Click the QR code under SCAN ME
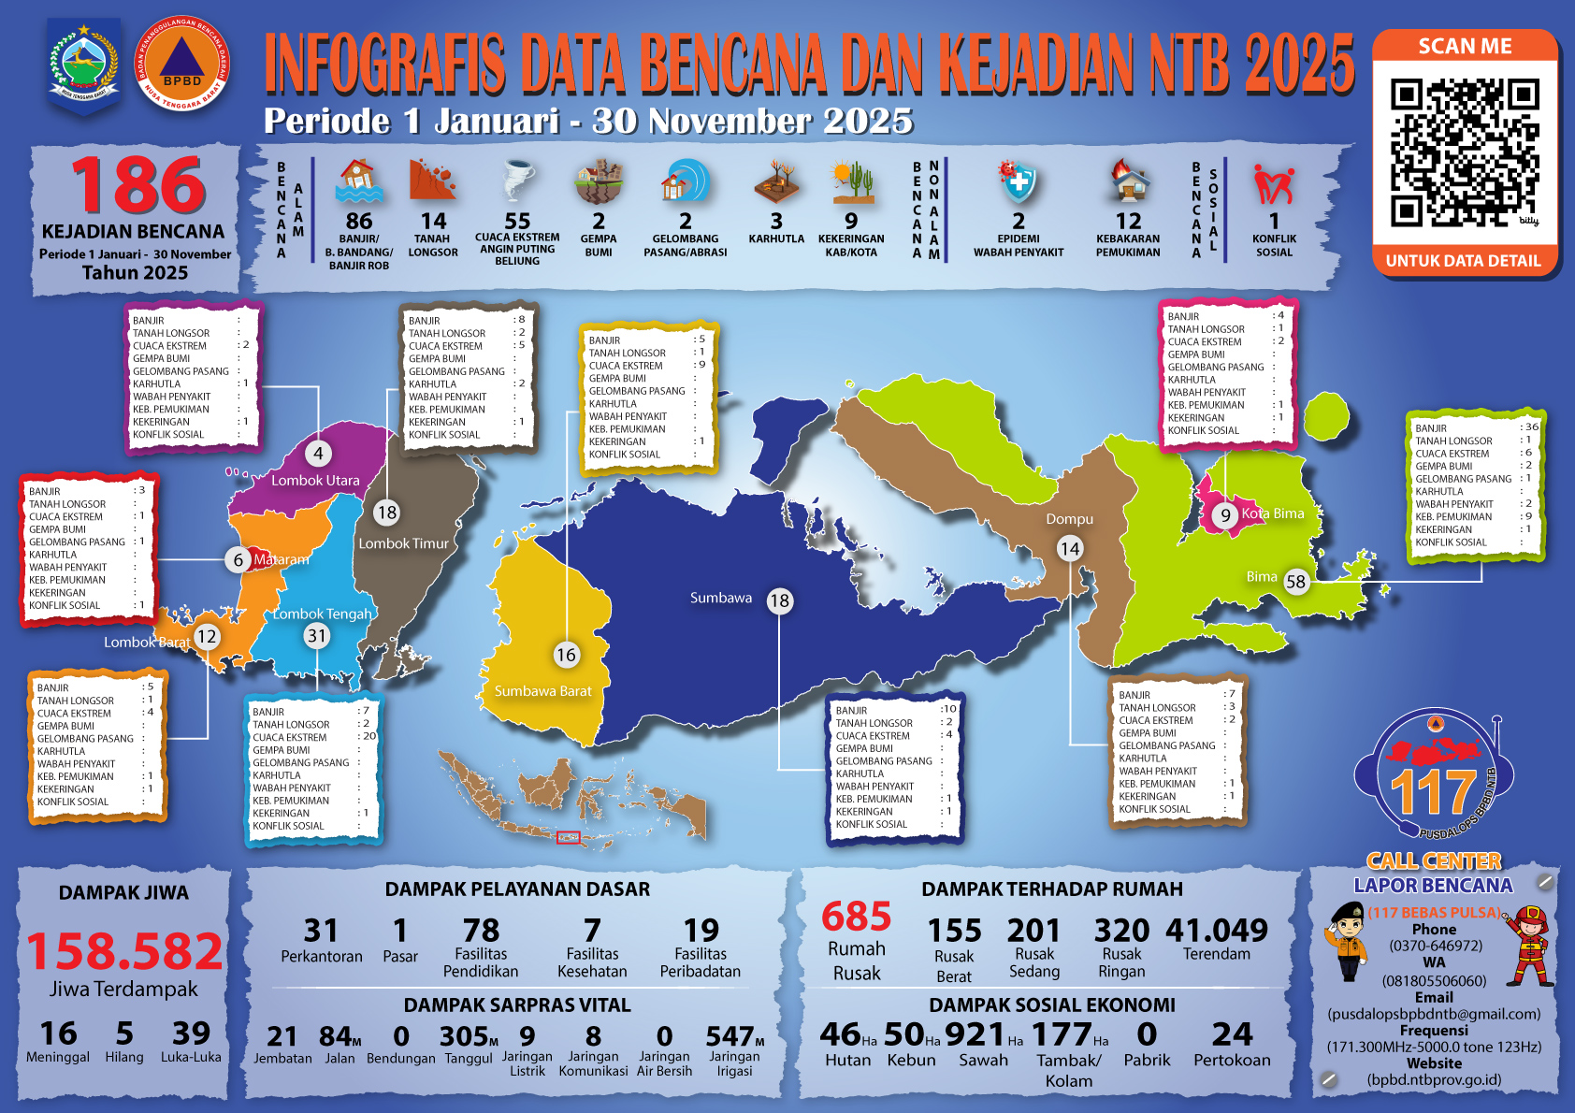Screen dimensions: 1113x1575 [x=1464, y=153]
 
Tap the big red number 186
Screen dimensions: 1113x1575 [x=138, y=185]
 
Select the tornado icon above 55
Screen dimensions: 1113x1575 [x=516, y=181]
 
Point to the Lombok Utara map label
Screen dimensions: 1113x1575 [x=315, y=481]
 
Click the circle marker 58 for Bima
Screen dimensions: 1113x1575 [x=1295, y=581]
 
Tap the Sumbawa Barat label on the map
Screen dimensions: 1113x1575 [x=542, y=691]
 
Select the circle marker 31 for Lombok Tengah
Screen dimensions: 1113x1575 [x=317, y=636]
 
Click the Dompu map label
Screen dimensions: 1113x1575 [x=1069, y=519]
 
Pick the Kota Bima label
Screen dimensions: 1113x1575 [x=1272, y=513]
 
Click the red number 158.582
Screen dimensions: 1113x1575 [x=124, y=951]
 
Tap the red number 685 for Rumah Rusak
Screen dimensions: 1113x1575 [x=856, y=917]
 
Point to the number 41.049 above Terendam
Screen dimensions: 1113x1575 [x=1216, y=931]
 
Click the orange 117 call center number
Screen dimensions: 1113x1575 [x=1432, y=792]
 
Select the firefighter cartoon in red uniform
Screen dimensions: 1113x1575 [x=1528, y=945]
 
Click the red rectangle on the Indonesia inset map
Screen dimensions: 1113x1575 [x=569, y=837]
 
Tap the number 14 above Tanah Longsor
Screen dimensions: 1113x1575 [x=433, y=222]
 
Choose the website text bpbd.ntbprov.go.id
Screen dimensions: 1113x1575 [x=1434, y=1079]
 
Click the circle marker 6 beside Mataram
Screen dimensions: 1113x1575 [x=238, y=559]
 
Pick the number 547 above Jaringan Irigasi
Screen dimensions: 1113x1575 [x=730, y=1036]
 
